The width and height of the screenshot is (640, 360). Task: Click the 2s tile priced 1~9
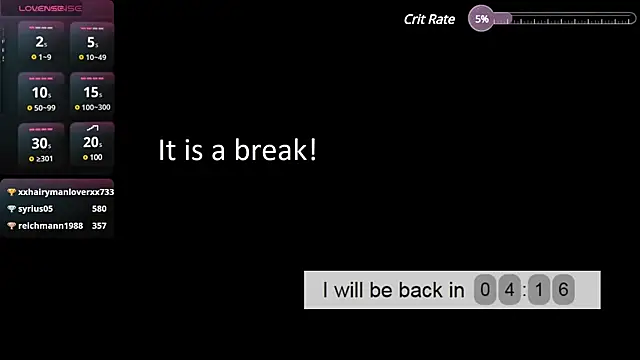[41, 46]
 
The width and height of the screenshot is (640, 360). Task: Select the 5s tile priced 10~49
[92, 46]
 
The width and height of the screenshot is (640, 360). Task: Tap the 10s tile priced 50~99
[41, 96]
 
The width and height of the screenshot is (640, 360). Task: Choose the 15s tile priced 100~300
[92, 96]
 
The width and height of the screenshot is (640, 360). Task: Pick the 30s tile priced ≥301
[41, 146]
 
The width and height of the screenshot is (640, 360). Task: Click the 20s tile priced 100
[92, 146]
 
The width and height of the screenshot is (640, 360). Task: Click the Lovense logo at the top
[51, 8]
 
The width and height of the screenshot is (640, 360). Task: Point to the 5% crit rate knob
[482, 19]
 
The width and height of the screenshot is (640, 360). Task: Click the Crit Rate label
[429, 19]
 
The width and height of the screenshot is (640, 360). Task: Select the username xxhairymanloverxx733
[66, 192]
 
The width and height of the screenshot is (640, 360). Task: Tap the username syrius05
[35, 209]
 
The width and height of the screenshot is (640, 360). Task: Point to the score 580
[99, 209]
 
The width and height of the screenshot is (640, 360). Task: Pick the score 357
[99, 226]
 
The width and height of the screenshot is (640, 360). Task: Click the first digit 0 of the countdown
[485, 290]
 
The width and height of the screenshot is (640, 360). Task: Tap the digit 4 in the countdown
[508, 290]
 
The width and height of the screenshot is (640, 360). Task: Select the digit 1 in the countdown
[540, 290]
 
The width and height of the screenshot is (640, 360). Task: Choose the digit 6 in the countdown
[563, 290]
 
